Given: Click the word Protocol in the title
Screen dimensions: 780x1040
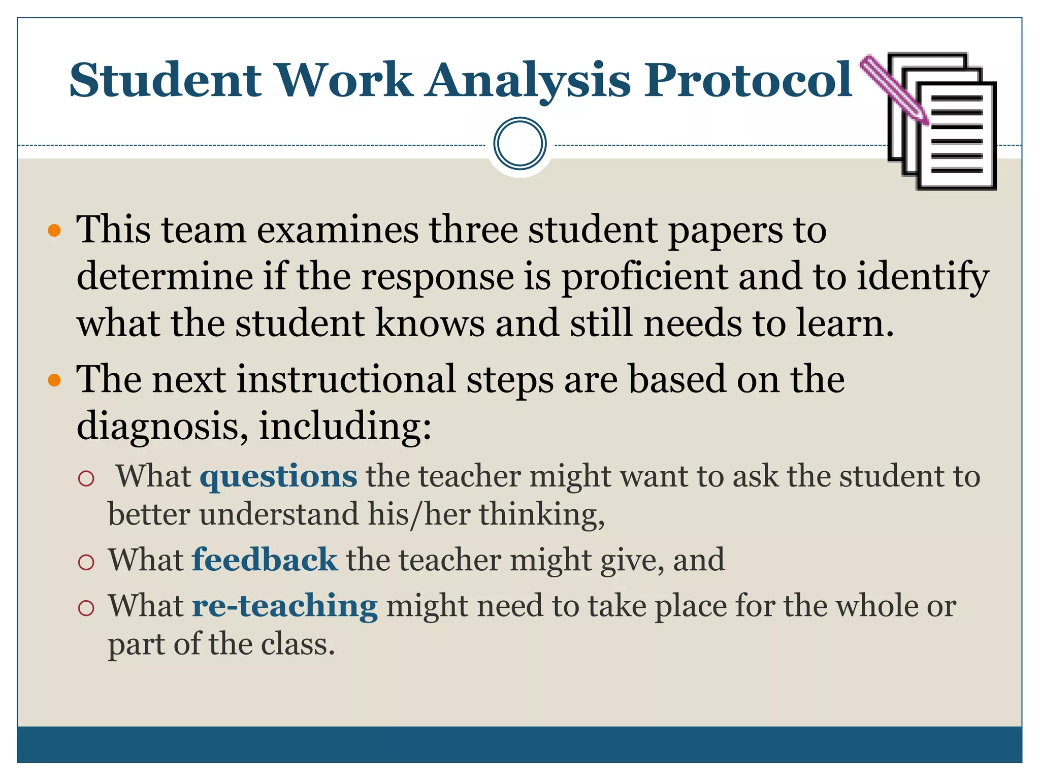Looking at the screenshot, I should pos(748,80).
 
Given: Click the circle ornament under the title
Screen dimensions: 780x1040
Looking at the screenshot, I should pos(519,144).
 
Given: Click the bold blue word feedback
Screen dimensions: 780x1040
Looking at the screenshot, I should pos(265,560).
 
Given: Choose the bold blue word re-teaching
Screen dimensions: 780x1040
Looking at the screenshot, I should pos(285,606).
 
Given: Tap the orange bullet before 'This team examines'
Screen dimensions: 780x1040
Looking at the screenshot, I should pos(54,231).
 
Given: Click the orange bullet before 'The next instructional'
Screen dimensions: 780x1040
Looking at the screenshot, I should pos(54,380).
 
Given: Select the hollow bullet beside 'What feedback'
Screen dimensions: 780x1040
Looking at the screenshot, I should pos(87,562).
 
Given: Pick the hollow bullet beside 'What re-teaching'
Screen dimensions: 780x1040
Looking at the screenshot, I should pos(87,607).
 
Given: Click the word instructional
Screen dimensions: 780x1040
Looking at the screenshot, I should pos(346,379).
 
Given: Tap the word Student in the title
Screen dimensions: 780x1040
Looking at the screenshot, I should pos(166,80).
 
